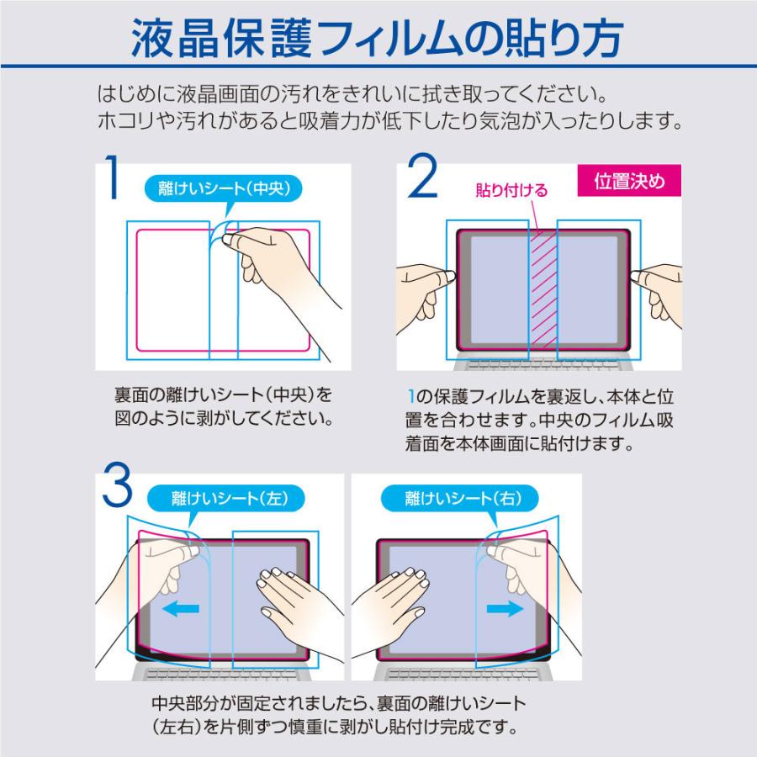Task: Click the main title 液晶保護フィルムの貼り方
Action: click(378, 38)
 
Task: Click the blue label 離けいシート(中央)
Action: click(223, 189)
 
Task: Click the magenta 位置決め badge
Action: click(628, 182)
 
